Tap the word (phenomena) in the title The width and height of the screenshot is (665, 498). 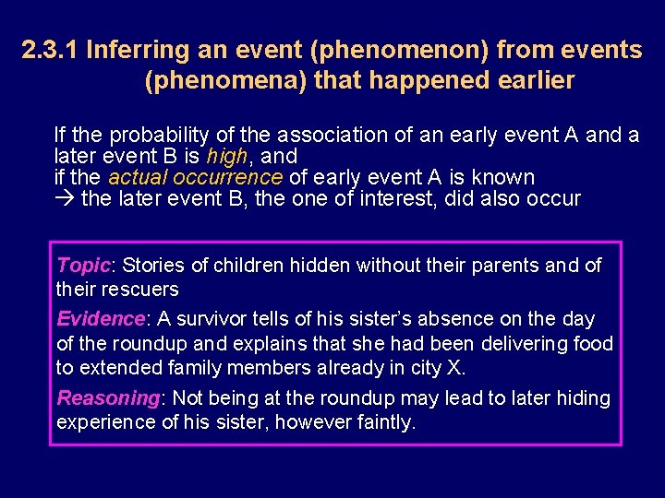click(x=225, y=81)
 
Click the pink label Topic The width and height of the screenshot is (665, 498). click(x=83, y=266)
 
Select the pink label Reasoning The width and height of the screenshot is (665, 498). click(x=107, y=398)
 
